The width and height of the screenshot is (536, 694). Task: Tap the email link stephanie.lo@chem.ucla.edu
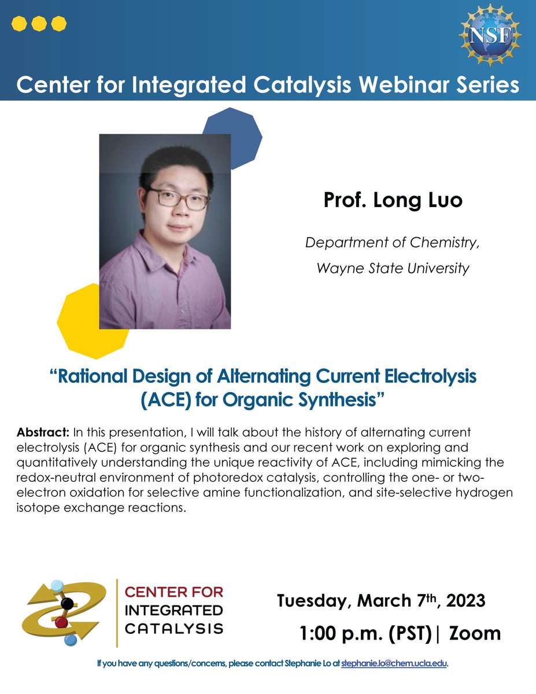(x=394, y=663)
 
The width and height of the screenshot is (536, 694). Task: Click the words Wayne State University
(x=393, y=269)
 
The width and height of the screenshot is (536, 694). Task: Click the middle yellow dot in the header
(x=39, y=24)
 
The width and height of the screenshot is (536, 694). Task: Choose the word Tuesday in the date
(x=310, y=601)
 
